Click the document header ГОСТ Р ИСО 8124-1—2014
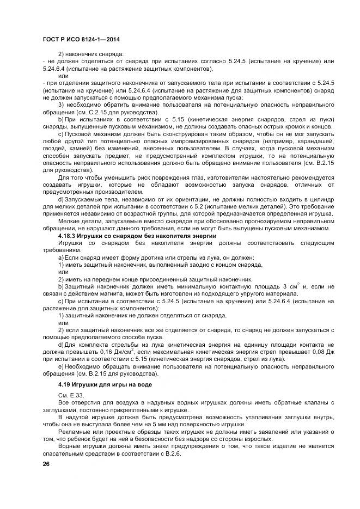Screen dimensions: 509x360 point(81,40)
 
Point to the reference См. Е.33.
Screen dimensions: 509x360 point(70,394)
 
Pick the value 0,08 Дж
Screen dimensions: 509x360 point(324,353)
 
